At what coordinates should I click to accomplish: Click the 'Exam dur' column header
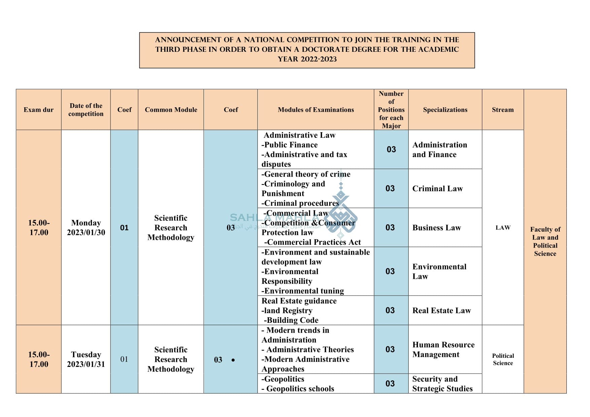coord(38,110)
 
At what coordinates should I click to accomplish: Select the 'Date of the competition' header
coord(86,110)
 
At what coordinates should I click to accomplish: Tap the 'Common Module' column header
coord(171,110)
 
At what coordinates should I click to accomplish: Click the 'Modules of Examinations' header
coord(316,110)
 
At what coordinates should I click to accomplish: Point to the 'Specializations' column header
coord(445,110)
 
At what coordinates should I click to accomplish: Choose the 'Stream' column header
coord(502,110)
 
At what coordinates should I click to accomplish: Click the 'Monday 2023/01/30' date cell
coord(86,228)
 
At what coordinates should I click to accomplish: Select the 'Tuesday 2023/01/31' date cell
coord(86,359)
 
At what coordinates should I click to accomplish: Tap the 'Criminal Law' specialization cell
coord(438,189)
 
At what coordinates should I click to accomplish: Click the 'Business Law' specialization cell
coord(437,228)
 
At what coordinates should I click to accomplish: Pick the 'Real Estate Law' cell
coord(442,310)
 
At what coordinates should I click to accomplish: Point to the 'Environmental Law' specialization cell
coord(439,271)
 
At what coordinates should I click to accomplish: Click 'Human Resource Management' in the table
coord(443,349)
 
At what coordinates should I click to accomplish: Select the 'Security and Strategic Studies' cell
coord(442,384)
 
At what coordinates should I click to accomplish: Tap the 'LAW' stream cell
coord(503,228)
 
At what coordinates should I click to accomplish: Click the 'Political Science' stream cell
coord(503,359)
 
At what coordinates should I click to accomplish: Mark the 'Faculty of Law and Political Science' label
coord(545,241)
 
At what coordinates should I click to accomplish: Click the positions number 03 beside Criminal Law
coord(390,189)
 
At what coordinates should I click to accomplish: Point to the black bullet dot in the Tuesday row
coord(233,360)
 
